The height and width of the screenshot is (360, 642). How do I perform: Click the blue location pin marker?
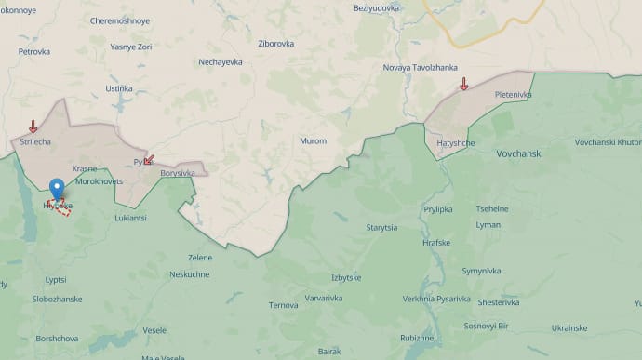(58, 189)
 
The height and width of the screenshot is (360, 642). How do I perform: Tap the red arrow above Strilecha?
(33, 127)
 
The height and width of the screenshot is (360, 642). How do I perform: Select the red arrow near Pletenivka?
(463, 85)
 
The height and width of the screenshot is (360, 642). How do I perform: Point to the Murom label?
(313, 140)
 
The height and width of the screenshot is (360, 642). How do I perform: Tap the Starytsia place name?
(381, 227)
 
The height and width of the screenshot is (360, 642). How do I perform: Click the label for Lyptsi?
(56, 279)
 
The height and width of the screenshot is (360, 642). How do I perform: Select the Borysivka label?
(178, 173)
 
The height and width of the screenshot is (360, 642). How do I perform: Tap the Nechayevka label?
(221, 62)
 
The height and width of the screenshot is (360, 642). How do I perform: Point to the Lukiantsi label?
(130, 218)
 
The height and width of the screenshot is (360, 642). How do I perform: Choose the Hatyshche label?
(456, 142)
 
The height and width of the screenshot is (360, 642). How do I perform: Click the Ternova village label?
(283, 304)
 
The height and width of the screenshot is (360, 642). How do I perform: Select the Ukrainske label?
(569, 327)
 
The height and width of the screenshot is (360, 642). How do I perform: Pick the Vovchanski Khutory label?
(608, 141)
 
